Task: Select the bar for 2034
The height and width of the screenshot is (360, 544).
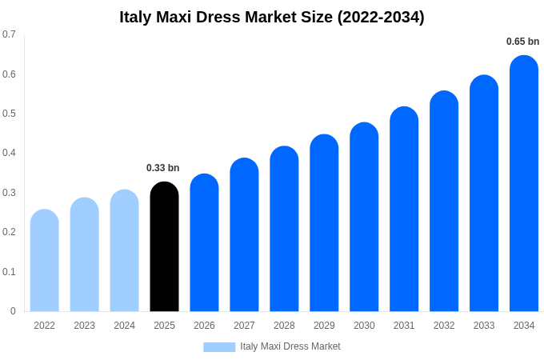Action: click(x=524, y=183)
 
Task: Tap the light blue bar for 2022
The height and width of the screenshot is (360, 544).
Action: click(x=45, y=260)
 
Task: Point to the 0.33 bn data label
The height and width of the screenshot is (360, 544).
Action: click(x=163, y=168)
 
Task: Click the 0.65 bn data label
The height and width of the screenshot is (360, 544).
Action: click(x=522, y=42)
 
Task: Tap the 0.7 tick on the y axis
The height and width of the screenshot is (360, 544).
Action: click(x=9, y=34)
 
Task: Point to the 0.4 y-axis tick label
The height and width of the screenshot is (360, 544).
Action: click(x=9, y=153)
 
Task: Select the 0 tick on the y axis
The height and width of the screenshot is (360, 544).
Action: click(x=13, y=311)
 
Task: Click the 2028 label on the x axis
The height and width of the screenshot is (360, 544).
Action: click(x=284, y=326)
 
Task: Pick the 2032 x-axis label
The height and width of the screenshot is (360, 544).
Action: click(x=444, y=326)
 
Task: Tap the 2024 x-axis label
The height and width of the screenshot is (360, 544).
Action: click(x=124, y=326)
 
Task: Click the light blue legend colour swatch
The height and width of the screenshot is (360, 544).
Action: click(x=219, y=347)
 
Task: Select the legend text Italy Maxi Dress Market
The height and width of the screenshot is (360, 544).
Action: click(x=290, y=346)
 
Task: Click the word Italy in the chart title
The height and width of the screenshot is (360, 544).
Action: click(x=138, y=17)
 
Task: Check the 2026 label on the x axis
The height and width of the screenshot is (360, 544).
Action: click(x=204, y=326)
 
